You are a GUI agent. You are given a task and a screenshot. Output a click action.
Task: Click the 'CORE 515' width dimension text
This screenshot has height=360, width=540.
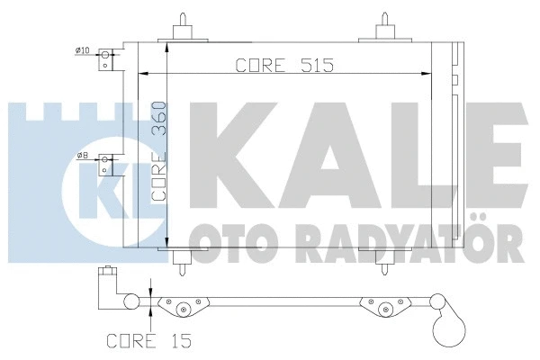pos(271,65)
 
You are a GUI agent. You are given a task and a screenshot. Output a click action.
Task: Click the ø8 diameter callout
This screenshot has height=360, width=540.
pos(82,157)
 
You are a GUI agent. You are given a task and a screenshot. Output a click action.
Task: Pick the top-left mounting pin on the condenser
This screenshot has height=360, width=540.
pos(184,23)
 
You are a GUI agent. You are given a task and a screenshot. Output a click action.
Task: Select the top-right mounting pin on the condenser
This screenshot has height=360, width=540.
pos(384,23)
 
